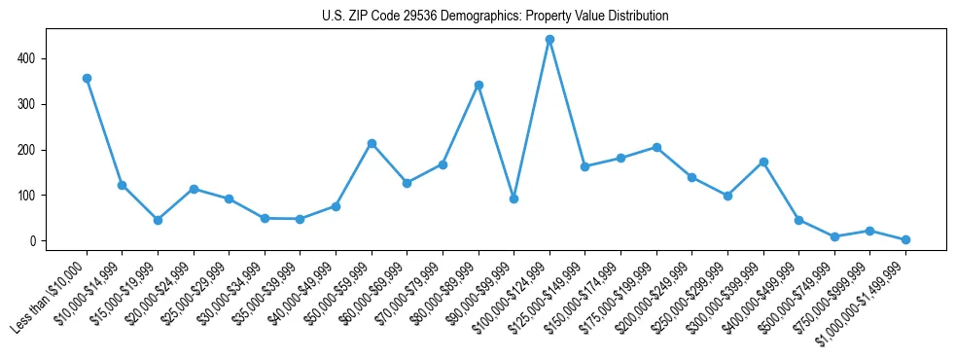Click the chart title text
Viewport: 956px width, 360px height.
tap(495, 17)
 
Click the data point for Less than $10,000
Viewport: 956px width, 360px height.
tap(87, 78)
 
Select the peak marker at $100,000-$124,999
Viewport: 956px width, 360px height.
tap(549, 39)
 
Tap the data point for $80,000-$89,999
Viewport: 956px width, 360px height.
tap(478, 85)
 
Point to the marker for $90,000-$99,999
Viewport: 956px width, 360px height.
tap(513, 198)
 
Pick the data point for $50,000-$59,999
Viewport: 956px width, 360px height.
tap(372, 143)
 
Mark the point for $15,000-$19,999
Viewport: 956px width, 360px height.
tap(158, 220)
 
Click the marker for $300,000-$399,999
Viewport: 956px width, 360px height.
tap(763, 162)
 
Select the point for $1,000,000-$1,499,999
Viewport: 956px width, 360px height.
tap(905, 239)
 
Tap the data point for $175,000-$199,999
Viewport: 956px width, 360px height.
tap(656, 147)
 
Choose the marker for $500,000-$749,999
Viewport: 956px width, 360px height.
tap(834, 236)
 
